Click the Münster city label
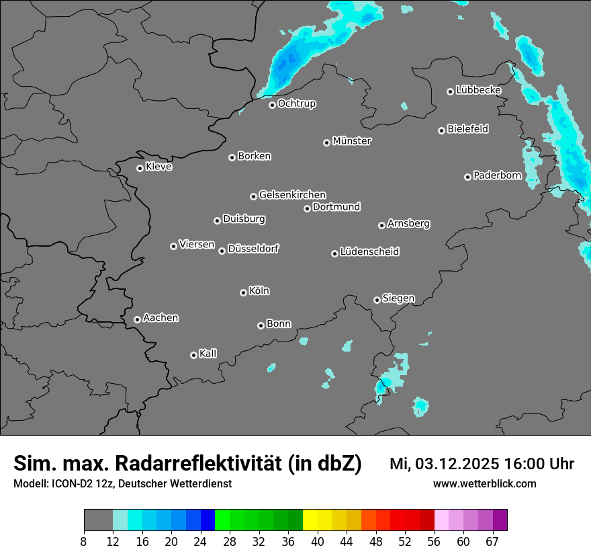coord(352,141)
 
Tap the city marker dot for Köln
coord(243,292)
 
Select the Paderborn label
coord(497,175)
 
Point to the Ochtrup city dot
coord(272,105)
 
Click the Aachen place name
coord(161,318)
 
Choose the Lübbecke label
coord(478,90)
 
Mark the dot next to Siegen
coord(377,300)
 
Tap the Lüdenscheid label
coord(369,252)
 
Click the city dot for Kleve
coord(140,168)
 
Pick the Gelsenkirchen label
coord(292,195)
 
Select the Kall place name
coord(208,354)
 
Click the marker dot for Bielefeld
coord(441,130)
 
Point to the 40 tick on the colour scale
coord(318,541)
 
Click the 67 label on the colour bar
coord(492,541)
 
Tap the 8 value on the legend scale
coord(84,541)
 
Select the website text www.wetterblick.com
coord(485,483)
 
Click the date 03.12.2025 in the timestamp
coord(457,464)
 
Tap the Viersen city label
coord(196,245)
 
